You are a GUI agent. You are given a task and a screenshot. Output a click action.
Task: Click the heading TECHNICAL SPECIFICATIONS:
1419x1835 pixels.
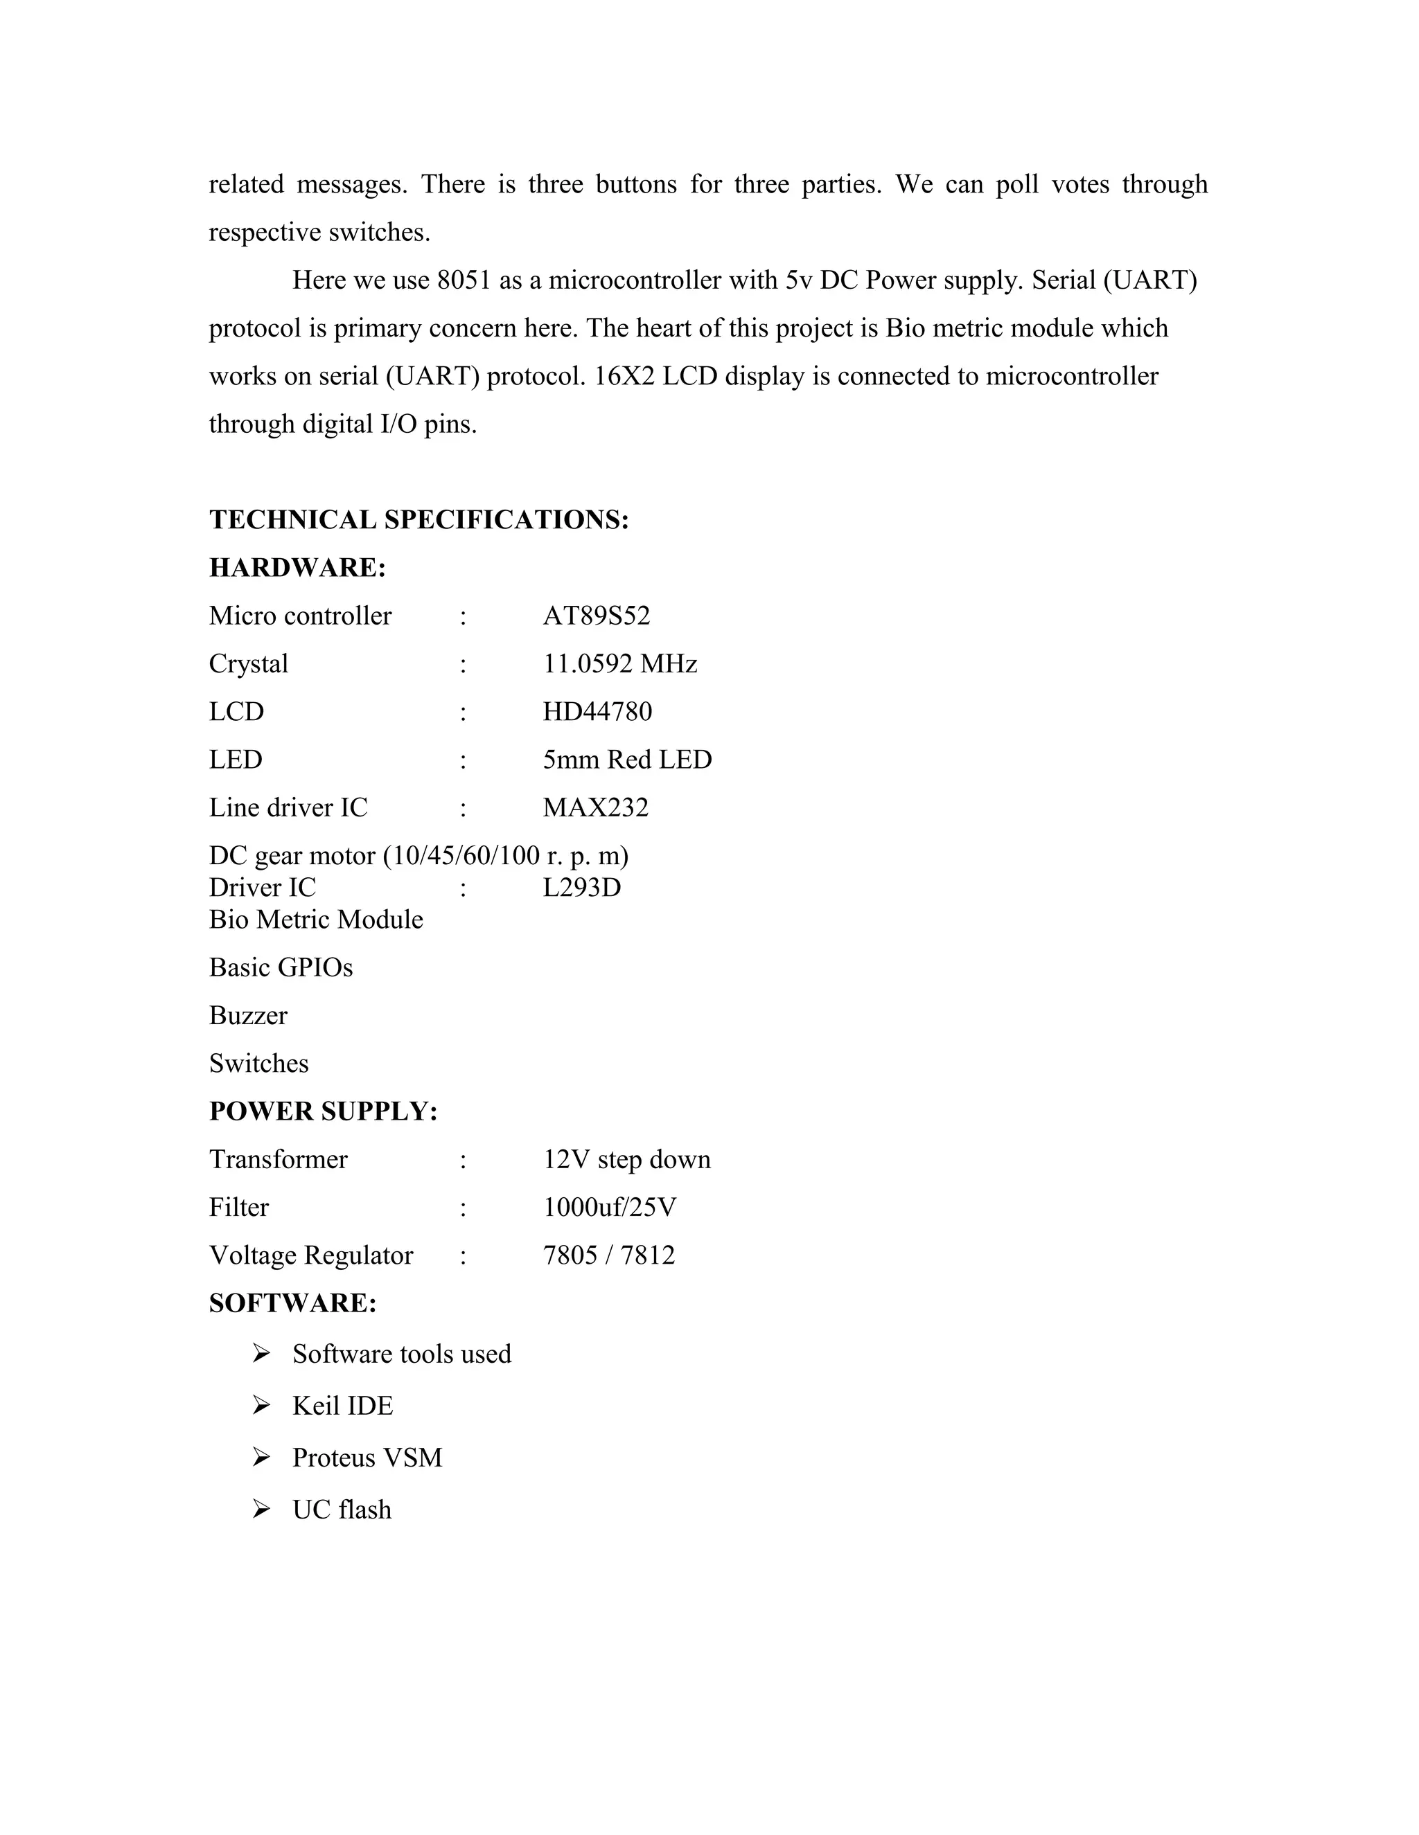point(418,520)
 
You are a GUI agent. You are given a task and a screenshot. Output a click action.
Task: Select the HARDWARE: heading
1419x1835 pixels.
point(297,568)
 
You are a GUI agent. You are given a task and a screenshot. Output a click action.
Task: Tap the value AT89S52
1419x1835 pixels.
point(596,616)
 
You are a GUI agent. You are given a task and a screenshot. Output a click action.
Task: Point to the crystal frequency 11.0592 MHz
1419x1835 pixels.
point(619,664)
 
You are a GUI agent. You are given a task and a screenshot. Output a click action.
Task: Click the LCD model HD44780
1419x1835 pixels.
point(597,712)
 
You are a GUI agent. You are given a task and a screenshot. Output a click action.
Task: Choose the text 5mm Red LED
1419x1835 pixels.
point(627,760)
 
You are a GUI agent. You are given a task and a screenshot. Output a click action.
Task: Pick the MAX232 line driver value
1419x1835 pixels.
point(595,807)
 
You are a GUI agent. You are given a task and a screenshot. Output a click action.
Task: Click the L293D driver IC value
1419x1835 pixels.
point(582,887)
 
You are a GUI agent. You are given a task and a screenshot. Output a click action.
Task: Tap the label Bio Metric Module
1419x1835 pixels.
point(316,919)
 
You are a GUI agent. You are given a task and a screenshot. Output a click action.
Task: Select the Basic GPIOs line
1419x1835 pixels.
point(281,967)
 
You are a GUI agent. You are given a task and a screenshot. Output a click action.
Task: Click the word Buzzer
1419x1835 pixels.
point(248,1015)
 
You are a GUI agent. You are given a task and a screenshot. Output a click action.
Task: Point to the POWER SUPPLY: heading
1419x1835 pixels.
point(324,1111)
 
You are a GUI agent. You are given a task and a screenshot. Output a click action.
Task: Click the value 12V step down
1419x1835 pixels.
point(626,1159)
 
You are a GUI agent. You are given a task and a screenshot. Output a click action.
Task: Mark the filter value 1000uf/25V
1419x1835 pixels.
point(610,1208)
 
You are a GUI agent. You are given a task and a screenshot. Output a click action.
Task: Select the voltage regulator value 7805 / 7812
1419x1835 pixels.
point(608,1255)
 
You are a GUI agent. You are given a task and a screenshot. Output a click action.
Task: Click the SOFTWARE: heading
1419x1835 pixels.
point(292,1303)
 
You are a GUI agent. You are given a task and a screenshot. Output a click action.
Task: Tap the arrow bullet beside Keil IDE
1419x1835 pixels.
point(261,1406)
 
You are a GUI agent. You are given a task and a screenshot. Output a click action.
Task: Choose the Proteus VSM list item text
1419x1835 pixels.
point(367,1458)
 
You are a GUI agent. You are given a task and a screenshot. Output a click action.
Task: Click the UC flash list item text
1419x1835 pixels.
point(342,1510)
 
